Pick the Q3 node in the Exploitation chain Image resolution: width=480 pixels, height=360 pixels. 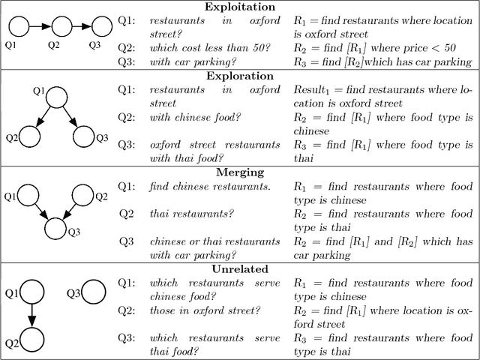click(93, 28)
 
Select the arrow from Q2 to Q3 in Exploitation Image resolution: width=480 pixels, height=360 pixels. click(73, 28)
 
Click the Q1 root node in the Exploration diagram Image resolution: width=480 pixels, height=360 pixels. click(58, 99)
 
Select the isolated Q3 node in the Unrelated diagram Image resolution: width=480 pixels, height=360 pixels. click(93, 292)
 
